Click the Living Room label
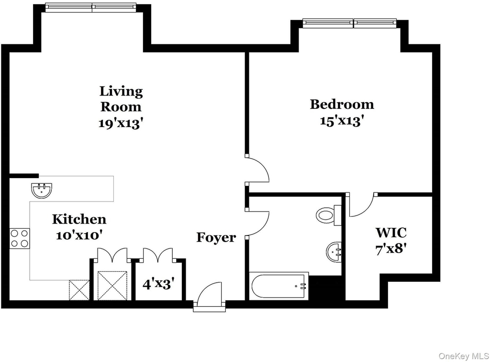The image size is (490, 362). [x=121, y=98]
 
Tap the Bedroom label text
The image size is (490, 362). [x=342, y=105]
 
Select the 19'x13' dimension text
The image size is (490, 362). [x=121, y=123]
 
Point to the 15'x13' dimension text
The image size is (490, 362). [x=342, y=120]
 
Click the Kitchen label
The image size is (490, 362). [x=79, y=219]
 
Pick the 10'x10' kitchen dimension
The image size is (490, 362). [x=79, y=235]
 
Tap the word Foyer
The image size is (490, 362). [x=216, y=237]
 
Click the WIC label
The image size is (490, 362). [x=391, y=233]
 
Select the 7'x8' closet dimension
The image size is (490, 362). [x=391, y=249]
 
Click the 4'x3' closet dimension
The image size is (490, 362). [x=158, y=284]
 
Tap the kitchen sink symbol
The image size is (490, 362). [x=42, y=191]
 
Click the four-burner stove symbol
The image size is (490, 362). [x=19, y=238]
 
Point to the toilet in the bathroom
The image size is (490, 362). [x=328, y=215]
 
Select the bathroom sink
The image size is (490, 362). [x=334, y=252]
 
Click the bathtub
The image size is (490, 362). [x=279, y=286]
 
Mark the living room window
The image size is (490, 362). [x=90, y=7]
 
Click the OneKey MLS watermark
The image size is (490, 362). [x=464, y=356]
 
